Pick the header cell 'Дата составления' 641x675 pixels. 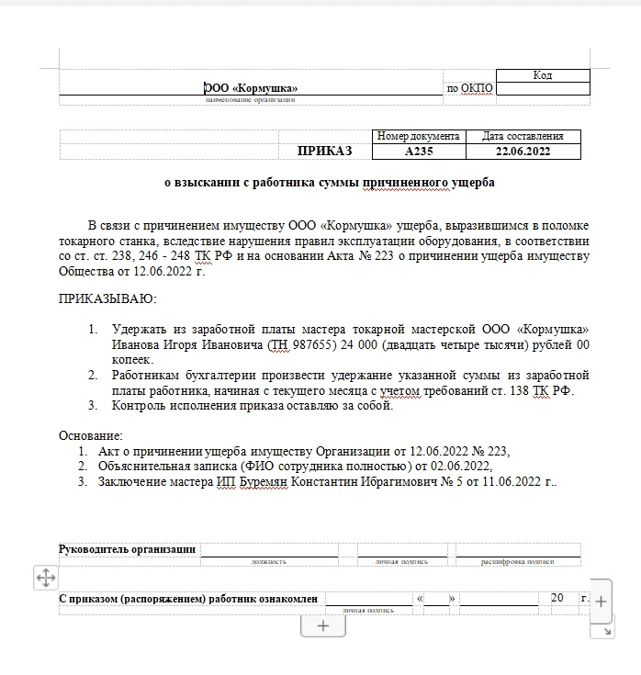tap(523, 136)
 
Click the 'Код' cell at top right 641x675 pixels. tap(542, 75)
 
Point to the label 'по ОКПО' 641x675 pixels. tap(469, 89)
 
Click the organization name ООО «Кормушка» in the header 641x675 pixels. tap(251, 89)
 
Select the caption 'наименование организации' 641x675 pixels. tap(251, 99)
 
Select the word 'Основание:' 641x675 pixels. tap(90, 434)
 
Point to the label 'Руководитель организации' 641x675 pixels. tap(128, 549)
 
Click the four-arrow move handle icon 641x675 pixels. tap(45, 578)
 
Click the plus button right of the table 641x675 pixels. tap(600, 602)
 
